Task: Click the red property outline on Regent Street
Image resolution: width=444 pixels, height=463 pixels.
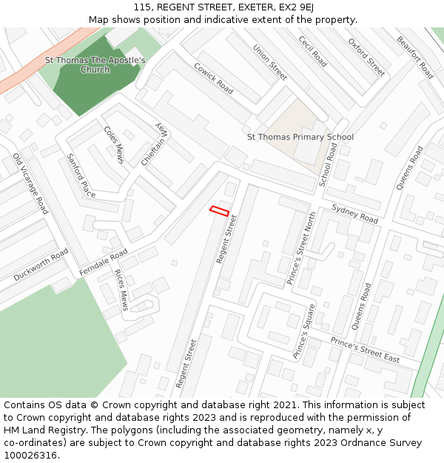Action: [219, 211]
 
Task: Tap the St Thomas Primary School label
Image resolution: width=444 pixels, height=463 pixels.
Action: [300, 137]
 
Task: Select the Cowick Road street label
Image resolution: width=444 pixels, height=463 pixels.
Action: [213, 78]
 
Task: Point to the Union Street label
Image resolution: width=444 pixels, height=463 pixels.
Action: [270, 62]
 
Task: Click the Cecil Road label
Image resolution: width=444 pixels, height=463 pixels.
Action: [312, 51]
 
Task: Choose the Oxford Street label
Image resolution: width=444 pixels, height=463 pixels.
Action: [366, 57]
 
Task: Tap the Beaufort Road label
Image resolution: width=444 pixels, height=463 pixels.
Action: [414, 57]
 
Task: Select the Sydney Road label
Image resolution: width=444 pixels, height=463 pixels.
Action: [355, 214]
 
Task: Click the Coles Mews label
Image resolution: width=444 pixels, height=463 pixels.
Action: [115, 144]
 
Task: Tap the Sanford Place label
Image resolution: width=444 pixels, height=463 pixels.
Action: [81, 176]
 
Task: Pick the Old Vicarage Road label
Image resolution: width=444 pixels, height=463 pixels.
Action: [30, 184]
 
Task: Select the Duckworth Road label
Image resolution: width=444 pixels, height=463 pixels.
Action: [41, 264]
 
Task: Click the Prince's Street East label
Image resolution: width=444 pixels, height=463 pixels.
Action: [365, 350]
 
